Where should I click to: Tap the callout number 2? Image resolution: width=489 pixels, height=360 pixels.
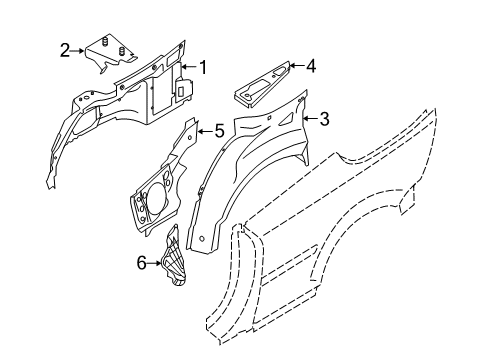65,49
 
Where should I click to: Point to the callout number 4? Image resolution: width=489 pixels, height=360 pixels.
310,68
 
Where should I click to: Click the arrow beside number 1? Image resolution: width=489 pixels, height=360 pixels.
191,68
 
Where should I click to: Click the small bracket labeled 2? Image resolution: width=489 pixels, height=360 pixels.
107,52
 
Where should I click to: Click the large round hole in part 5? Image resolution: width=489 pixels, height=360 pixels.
155,196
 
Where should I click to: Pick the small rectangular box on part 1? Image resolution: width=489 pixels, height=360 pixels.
184,89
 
